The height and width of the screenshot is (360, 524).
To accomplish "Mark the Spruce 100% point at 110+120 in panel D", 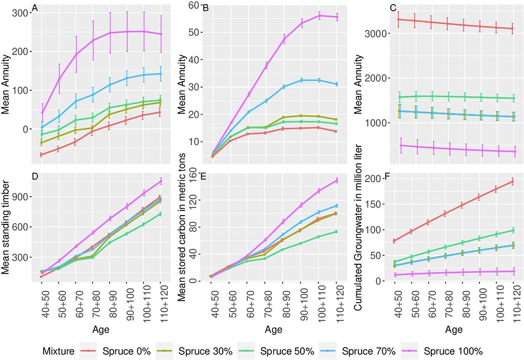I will click(160, 181).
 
